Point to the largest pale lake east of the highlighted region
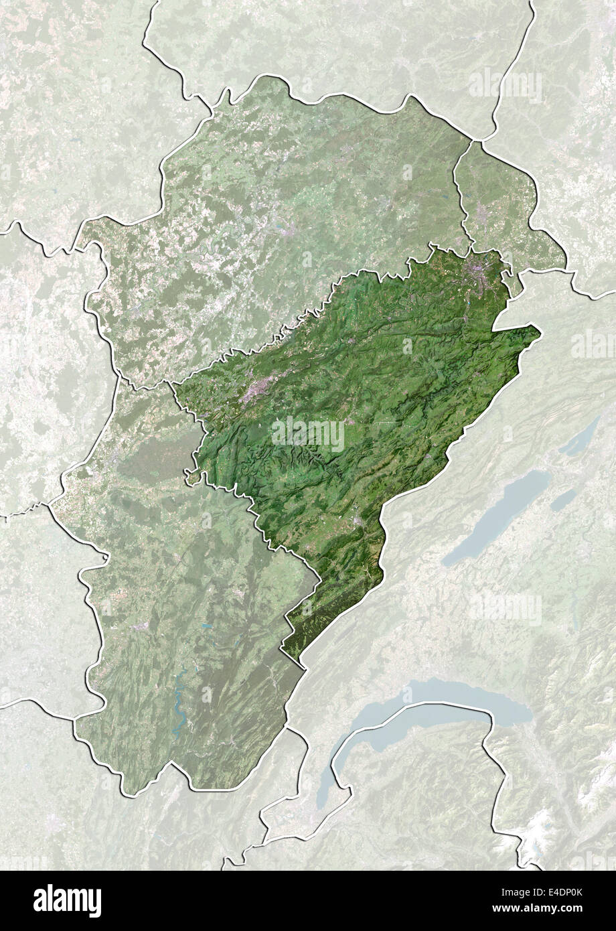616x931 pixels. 495,516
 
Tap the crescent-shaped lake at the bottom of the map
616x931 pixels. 429,710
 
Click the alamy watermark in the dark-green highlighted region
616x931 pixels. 308,434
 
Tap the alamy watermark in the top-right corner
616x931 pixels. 506,86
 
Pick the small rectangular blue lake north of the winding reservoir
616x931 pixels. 207,628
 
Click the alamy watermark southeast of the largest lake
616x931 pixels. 506,608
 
